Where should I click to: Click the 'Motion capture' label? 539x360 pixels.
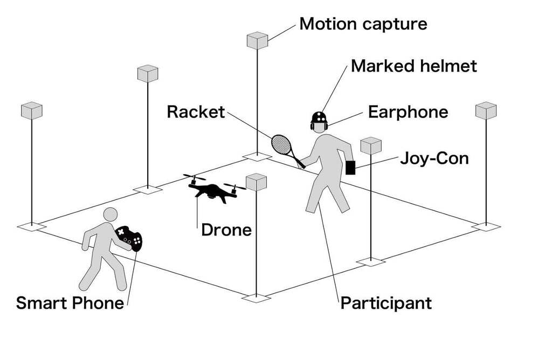pyautogui.click(x=363, y=24)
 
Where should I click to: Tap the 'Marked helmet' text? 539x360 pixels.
pyautogui.click(x=414, y=66)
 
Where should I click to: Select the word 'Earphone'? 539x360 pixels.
pyautogui.click(x=408, y=112)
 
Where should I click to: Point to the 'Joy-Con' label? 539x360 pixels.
pyautogui.click(x=434, y=158)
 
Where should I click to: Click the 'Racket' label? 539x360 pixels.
pyautogui.click(x=195, y=112)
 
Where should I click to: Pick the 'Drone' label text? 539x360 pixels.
pyautogui.click(x=226, y=230)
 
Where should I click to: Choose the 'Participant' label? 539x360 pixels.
pyautogui.click(x=386, y=303)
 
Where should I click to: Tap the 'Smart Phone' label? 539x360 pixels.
pyautogui.click(x=70, y=303)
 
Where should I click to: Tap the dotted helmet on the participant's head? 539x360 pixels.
pyautogui.click(x=320, y=119)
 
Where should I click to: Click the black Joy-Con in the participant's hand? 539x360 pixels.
pyautogui.click(x=350, y=168)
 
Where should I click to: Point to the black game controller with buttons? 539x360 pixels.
pyautogui.click(x=130, y=238)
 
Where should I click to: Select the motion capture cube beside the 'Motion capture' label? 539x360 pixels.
pyautogui.click(x=258, y=41)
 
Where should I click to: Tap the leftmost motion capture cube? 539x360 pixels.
pyautogui.click(x=31, y=111)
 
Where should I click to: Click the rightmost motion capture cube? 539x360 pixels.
pyautogui.click(x=486, y=110)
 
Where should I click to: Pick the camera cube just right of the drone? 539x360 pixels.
pyautogui.click(x=257, y=182)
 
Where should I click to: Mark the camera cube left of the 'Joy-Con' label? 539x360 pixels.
pyautogui.click(x=371, y=146)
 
